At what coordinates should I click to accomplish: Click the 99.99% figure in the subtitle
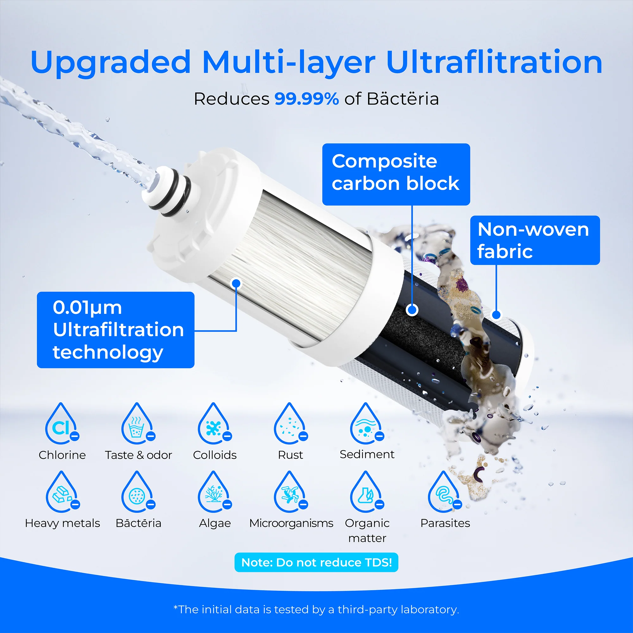click(x=307, y=99)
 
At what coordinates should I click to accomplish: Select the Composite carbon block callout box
click(x=396, y=174)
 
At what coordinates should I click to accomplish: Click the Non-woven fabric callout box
click(x=535, y=240)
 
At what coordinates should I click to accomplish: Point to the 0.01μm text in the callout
click(x=87, y=308)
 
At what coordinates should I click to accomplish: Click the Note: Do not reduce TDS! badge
click(x=316, y=562)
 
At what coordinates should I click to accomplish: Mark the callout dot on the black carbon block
click(x=412, y=310)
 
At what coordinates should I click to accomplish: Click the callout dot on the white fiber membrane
click(x=236, y=283)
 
